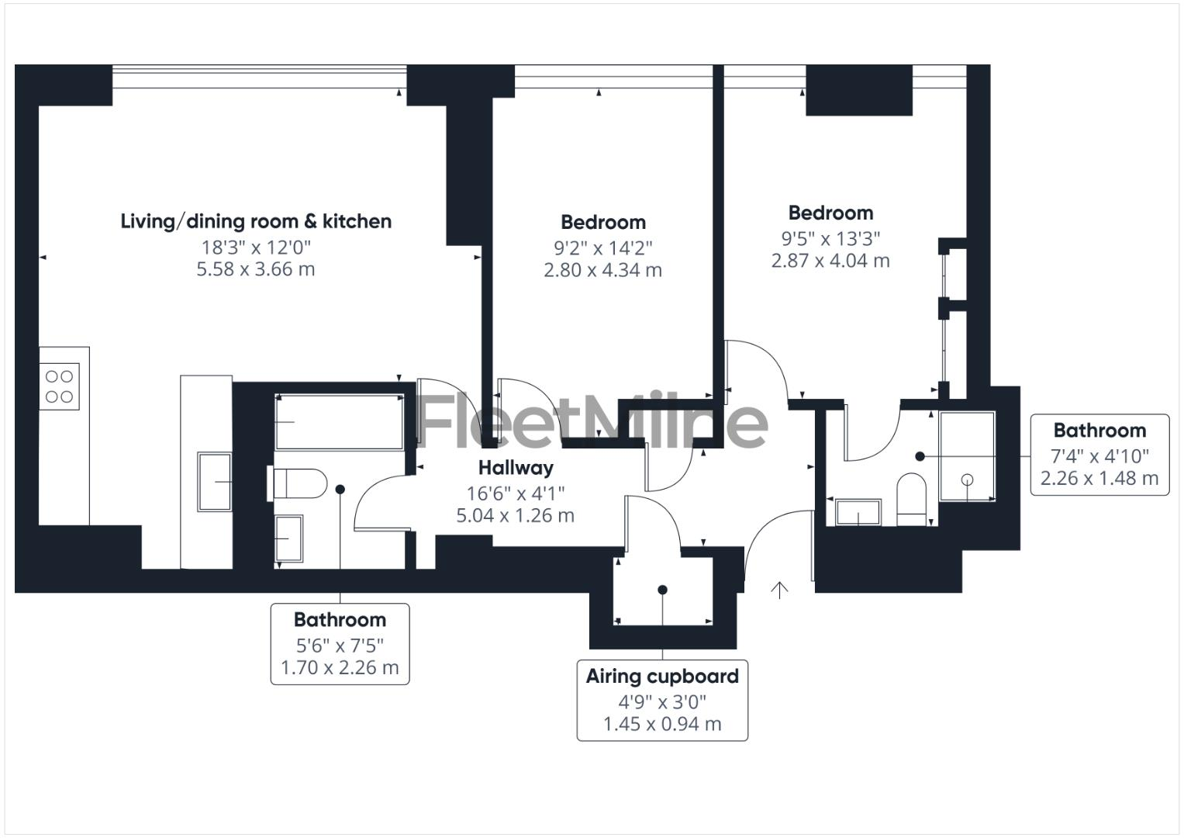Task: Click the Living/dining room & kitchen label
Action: click(256, 221)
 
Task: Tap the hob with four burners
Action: click(60, 386)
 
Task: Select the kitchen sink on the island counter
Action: click(215, 482)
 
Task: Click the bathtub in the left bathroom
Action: click(339, 422)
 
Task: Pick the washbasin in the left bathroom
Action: click(290, 538)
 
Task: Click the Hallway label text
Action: click(516, 468)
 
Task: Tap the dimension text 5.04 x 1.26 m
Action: click(516, 515)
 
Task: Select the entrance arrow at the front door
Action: click(779, 590)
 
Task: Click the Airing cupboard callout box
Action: click(662, 700)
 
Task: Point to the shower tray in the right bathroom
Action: click(967, 456)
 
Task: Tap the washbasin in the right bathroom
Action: click(858, 512)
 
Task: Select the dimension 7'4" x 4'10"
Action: click(1099, 455)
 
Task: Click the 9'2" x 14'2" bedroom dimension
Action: click(603, 248)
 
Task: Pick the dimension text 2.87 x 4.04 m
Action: click(830, 261)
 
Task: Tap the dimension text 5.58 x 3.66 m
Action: click(256, 269)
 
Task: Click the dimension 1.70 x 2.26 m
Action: click(340, 667)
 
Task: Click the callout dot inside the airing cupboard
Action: click(662, 590)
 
